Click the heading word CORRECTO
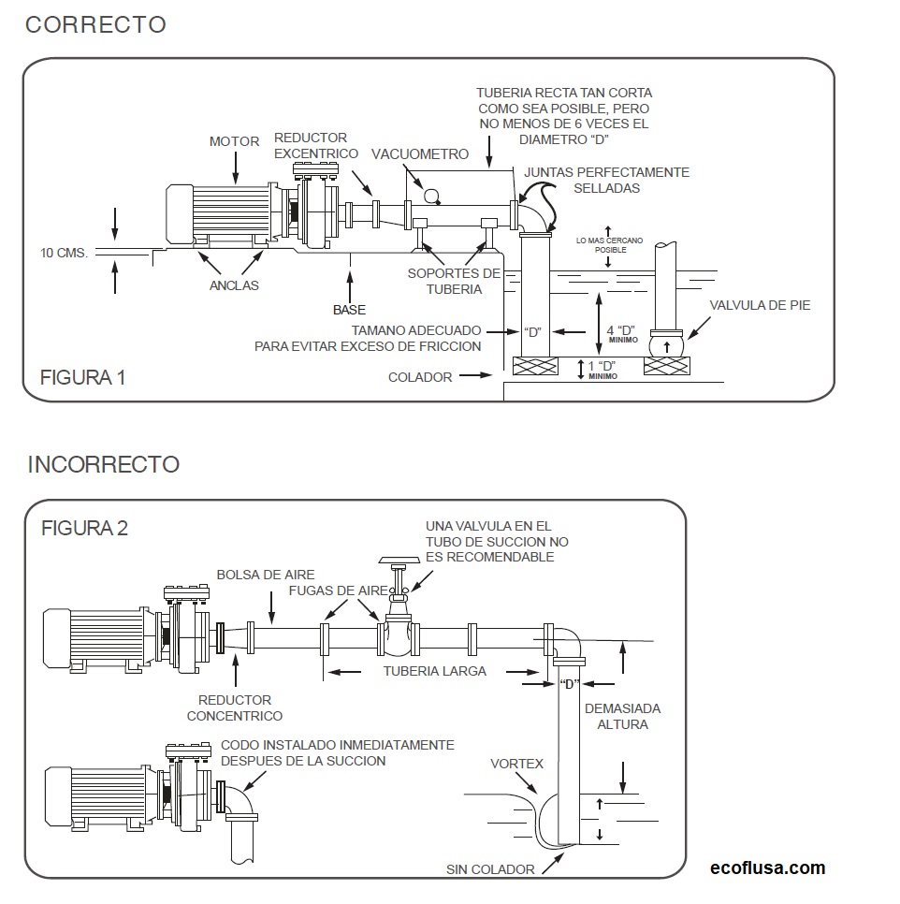(95, 25)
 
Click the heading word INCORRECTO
(103, 464)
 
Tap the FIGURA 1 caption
(82, 378)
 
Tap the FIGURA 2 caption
(84, 528)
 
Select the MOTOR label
(234, 142)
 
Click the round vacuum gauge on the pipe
(431, 195)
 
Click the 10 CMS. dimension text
(64, 253)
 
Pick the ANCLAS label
(233, 285)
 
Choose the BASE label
(349, 310)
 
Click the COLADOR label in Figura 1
(420, 377)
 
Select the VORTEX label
(516, 764)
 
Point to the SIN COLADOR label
(490, 869)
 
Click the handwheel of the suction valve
(399, 561)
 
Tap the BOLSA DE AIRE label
(266, 575)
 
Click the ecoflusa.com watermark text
(768, 868)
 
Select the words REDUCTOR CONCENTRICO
(235, 707)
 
